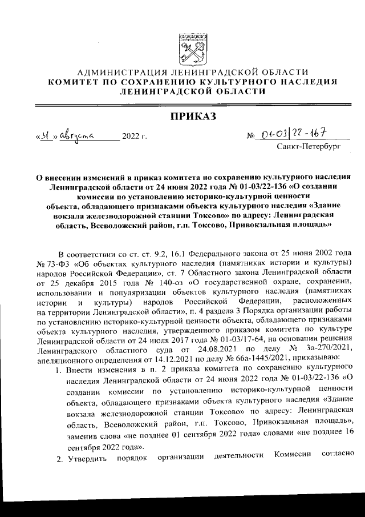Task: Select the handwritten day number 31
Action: pyautogui.click(x=49, y=137)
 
